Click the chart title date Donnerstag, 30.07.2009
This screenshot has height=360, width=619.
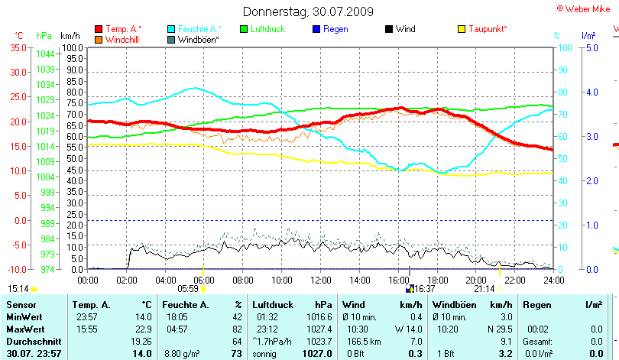309,11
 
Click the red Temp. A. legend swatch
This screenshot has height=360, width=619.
99,29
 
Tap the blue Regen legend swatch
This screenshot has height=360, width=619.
317,29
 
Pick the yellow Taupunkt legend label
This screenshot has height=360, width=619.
488,29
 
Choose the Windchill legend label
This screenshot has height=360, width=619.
123,39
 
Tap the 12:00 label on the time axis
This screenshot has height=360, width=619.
321,280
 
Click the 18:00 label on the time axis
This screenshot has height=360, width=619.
437,280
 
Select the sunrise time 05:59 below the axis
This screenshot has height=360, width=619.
188,289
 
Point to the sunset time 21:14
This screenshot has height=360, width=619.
484,289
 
